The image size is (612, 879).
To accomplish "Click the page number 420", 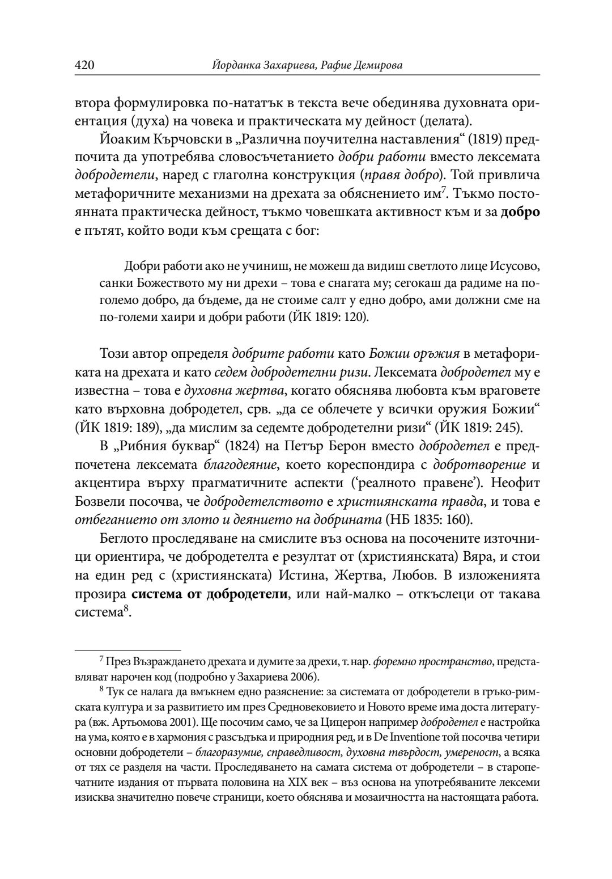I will (x=84, y=66).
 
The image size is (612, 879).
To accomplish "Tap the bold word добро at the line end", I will (x=520, y=214).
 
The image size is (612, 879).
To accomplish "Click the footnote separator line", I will (x=127, y=648).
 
